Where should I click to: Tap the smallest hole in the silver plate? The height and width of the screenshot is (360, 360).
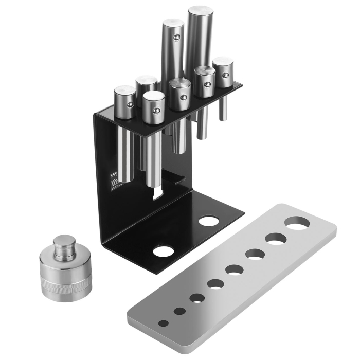tap(163, 323)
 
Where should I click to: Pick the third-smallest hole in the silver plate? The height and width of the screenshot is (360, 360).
tap(197, 298)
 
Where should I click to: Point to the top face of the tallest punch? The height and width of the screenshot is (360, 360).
tap(200, 11)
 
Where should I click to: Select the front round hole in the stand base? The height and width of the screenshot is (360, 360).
tap(164, 251)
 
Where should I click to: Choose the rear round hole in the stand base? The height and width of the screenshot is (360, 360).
tap(208, 221)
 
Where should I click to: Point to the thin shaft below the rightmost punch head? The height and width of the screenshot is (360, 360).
tap(222, 107)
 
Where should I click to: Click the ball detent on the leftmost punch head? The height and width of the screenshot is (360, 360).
tap(131, 104)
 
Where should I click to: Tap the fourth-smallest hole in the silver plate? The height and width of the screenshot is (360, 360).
tap(215, 284)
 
